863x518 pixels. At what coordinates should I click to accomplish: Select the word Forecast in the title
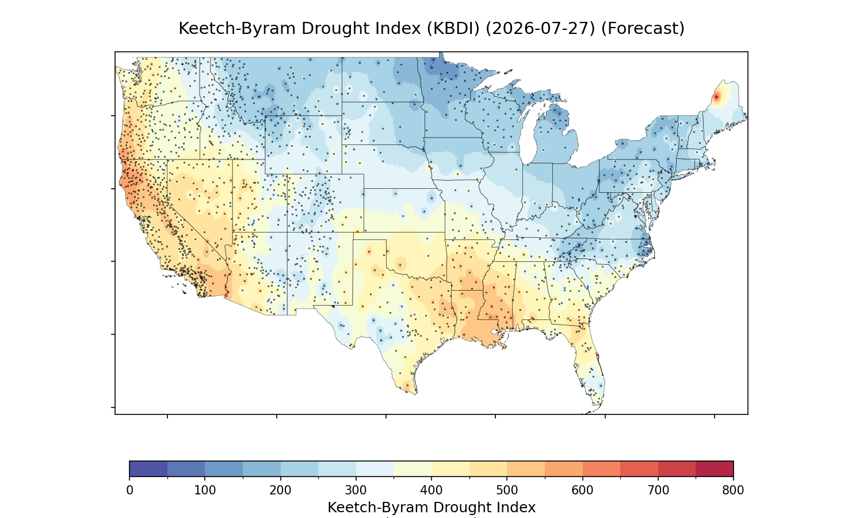(643, 29)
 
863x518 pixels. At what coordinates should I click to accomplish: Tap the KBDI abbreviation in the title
(453, 29)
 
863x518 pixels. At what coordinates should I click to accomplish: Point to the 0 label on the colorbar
(130, 490)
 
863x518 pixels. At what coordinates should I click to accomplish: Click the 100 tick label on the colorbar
(205, 490)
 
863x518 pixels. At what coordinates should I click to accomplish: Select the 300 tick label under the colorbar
(356, 490)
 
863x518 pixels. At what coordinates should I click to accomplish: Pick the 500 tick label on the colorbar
(507, 490)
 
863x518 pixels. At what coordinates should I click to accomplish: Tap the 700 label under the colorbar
(658, 490)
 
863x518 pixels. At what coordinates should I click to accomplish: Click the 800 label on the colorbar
(733, 490)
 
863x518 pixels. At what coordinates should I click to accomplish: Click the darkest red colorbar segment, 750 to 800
(715, 469)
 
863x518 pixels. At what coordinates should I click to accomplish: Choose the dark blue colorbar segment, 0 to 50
(148, 469)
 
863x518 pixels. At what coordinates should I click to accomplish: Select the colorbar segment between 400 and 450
(450, 469)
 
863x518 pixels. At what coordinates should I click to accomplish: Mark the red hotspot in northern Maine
(716, 97)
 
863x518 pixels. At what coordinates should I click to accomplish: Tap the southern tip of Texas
(415, 393)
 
